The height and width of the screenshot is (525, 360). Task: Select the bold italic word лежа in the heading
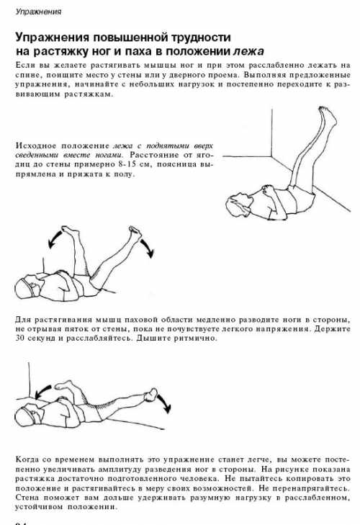coord(248,51)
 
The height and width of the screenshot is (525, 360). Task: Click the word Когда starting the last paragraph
coord(27,459)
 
